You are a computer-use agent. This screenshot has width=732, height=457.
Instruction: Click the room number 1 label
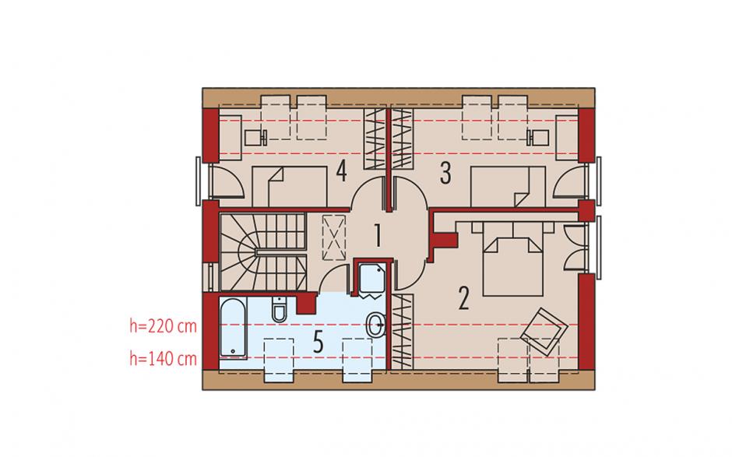[x=377, y=235]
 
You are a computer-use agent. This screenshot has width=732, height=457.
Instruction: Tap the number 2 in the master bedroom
[x=463, y=298]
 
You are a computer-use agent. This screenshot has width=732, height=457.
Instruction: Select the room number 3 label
[x=446, y=173]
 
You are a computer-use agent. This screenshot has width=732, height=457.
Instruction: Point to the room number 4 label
[x=342, y=170]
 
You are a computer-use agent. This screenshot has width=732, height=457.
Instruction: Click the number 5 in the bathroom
[x=318, y=343]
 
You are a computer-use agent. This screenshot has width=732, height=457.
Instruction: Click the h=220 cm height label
[x=163, y=326]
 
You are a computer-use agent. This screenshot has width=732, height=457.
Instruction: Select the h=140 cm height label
[x=163, y=358]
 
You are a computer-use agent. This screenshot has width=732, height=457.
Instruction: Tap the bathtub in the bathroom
[x=233, y=329]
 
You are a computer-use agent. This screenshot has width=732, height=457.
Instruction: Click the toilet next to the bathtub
[x=279, y=308]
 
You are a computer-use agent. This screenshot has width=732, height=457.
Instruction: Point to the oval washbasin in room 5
[x=376, y=325]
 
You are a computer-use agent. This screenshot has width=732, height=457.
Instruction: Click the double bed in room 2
[x=512, y=258]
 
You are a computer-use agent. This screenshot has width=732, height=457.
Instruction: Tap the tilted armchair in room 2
[x=544, y=331]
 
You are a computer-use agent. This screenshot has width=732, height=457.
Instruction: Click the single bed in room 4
[x=290, y=186]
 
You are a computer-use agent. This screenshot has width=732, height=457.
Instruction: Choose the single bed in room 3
[x=508, y=186]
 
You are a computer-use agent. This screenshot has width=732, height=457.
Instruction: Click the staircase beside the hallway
[x=263, y=252]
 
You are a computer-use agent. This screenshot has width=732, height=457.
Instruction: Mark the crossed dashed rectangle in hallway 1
[x=334, y=237]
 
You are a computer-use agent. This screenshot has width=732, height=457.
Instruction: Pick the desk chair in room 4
[x=255, y=138]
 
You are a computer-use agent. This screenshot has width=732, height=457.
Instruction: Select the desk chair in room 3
[x=537, y=138]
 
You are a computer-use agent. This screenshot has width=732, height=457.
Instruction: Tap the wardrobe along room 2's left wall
[x=402, y=332]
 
